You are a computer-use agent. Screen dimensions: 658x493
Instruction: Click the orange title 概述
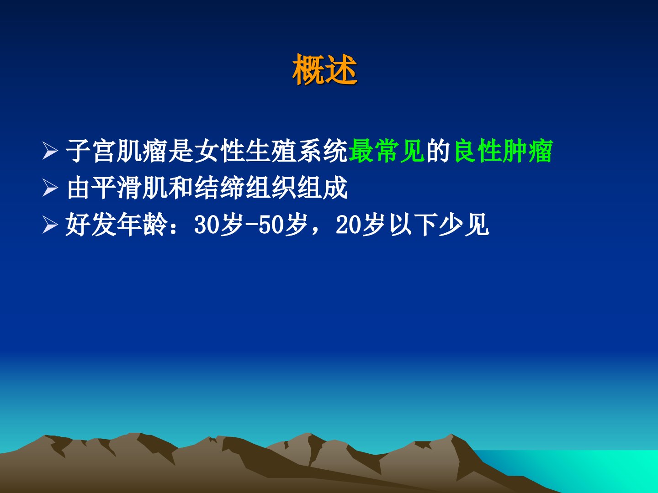tap(325, 69)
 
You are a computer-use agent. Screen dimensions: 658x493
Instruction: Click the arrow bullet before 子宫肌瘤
tap(50, 151)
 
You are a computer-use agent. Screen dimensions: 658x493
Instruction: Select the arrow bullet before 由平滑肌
tap(50, 188)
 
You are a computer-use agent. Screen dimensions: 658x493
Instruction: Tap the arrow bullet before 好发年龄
tap(50, 225)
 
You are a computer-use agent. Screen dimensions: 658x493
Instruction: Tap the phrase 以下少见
tap(440, 225)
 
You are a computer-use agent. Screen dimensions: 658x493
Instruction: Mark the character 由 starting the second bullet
tap(78, 188)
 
